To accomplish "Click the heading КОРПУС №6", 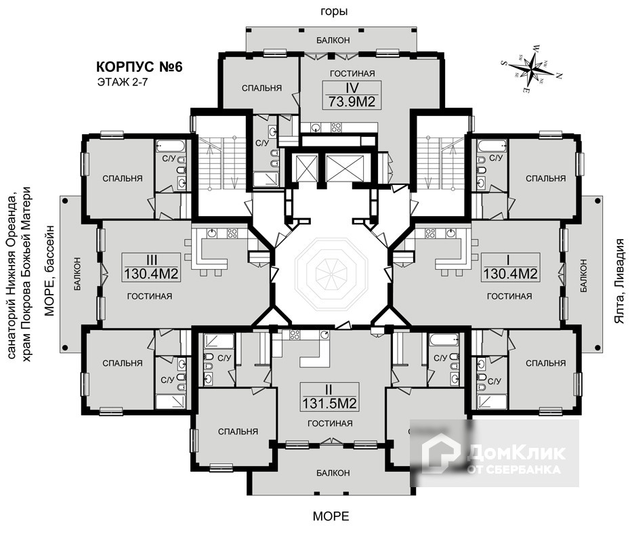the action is (140, 67).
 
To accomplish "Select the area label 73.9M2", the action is (352, 102).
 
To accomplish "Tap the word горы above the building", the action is (334, 12).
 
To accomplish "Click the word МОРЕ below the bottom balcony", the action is (331, 516).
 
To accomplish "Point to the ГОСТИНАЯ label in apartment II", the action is (329, 423).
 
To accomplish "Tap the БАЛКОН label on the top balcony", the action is (333, 41).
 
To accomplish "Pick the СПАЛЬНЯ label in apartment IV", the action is (261, 88).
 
